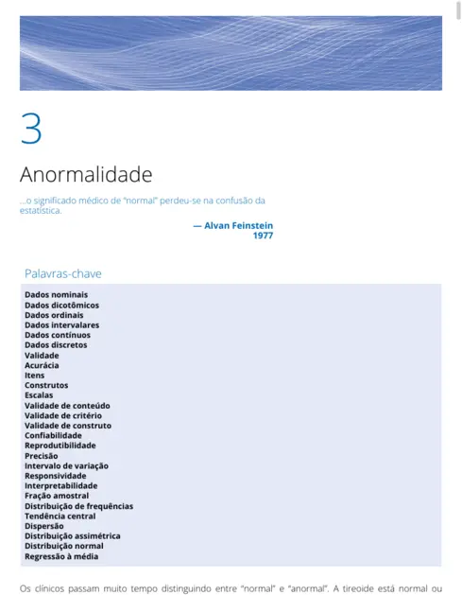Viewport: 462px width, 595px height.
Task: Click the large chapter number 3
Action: pyautogui.click(x=31, y=129)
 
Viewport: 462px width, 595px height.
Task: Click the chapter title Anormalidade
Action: pyautogui.click(x=86, y=175)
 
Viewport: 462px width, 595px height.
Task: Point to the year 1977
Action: pyautogui.click(x=263, y=235)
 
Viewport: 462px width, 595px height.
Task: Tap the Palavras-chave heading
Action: pyautogui.click(x=62, y=273)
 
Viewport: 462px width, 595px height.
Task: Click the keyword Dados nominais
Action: pyautogui.click(x=56, y=295)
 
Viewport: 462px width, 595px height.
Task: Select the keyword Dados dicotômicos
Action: pyautogui.click(x=61, y=306)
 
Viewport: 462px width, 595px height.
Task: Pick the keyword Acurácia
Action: pyautogui.click(x=42, y=365)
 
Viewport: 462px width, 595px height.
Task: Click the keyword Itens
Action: pyautogui.click(x=34, y=376)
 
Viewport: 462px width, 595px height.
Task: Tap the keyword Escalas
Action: pyautogui.click(x=39, y=395)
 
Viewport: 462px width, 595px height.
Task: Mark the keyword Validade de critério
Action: pyautogui.click(x=63, y=415)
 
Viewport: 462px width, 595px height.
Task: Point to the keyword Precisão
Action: pyautogui.click(x=42, y=455)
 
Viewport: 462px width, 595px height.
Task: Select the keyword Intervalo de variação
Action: pyautogui.click(x=66, y=465)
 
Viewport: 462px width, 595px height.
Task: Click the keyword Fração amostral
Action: pyautogui.click(x=57, y=496)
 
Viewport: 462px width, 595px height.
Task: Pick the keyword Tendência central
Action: pyautogui.click(x=60, y=516)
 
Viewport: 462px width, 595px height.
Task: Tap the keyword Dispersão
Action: pyautogui.click(x=44, y=526)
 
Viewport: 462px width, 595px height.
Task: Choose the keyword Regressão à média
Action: pyautogui.click(x=61, y=556)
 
